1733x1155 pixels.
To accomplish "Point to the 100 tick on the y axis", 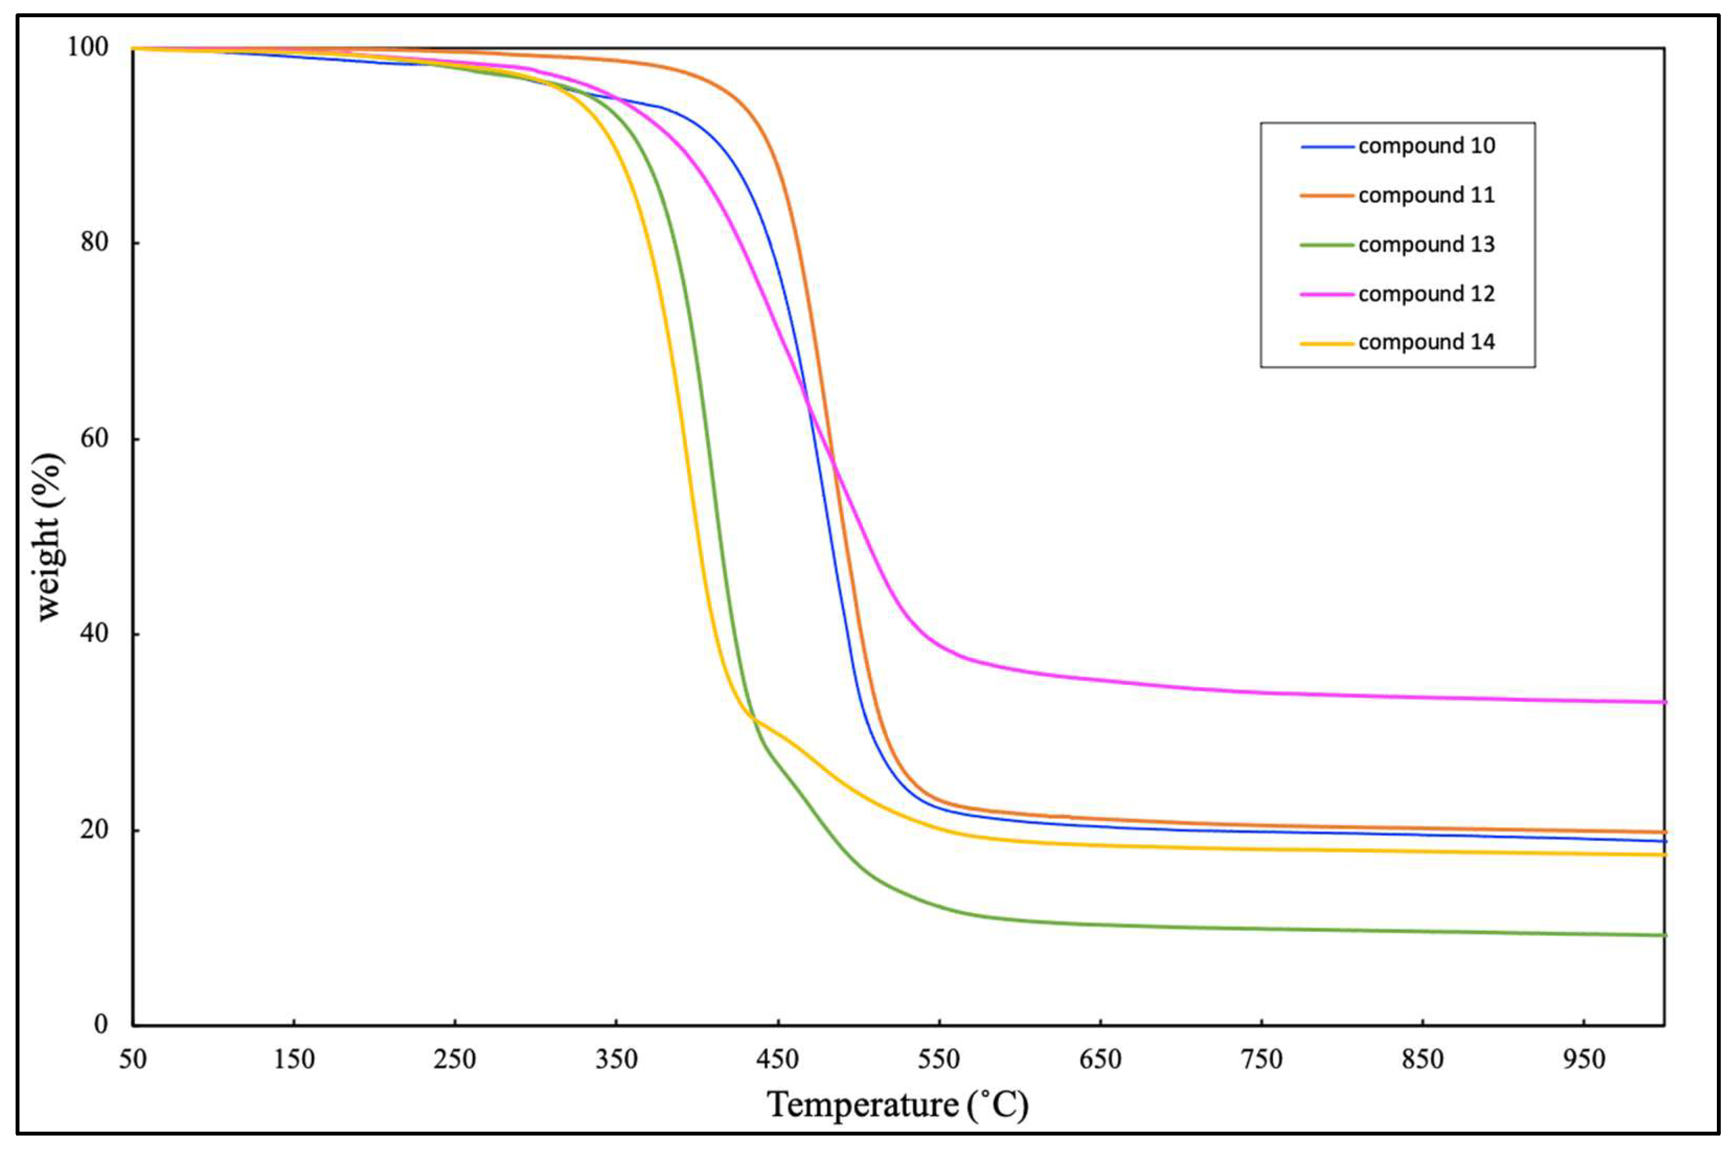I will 88,47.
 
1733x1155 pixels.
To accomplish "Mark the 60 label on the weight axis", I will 95,438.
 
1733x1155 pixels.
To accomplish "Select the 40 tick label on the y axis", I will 95,633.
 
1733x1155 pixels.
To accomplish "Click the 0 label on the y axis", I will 101,1024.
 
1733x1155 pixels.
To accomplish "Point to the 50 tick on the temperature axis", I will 132,1059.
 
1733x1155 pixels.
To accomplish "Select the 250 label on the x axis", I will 455,1059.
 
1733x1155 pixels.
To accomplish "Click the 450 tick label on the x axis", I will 777,1059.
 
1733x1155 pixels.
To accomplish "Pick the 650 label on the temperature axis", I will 1100,1059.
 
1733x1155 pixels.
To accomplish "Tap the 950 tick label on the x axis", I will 1584,1059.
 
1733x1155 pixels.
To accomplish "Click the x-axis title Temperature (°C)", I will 897,1106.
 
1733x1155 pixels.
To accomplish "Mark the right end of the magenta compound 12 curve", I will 1664,702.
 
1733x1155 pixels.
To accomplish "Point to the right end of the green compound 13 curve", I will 1664,935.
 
